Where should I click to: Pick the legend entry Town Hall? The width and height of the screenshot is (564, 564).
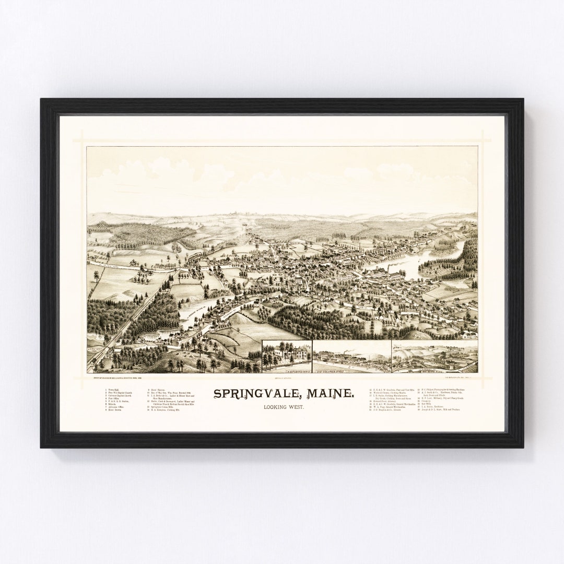(112, 390)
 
